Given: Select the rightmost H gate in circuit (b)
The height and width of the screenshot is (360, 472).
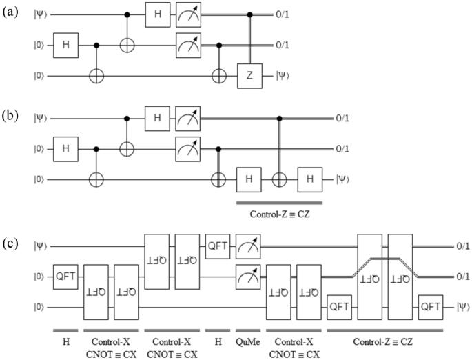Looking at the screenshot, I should [309, 179].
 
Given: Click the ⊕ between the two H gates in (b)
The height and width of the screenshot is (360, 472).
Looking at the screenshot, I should [278, 179].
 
